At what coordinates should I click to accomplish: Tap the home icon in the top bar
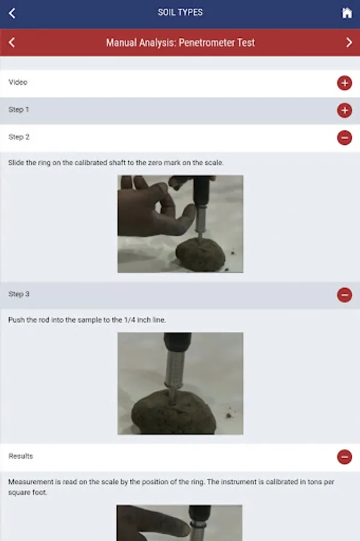click(347, 13)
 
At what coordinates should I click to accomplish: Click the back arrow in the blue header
click(12, 13)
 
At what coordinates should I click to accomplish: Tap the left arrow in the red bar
click(12, 43)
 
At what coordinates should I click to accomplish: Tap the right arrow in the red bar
click(349, 43)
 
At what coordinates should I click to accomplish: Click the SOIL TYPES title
click(180, 13)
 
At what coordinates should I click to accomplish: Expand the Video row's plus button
click(344, 83)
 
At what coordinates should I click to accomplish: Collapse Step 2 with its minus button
click(344, 138)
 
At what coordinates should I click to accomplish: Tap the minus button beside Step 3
click(344, 295)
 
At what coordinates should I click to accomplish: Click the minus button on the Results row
click(344, 457)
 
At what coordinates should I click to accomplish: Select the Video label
click(18, 82)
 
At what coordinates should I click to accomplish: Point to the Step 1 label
click(19, 110)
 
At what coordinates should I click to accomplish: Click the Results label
click(20, 456)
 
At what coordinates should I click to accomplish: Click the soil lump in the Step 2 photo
click(200, 255)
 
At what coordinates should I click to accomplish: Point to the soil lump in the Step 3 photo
click(174, 413)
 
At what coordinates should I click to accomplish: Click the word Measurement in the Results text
click(31, 481)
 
